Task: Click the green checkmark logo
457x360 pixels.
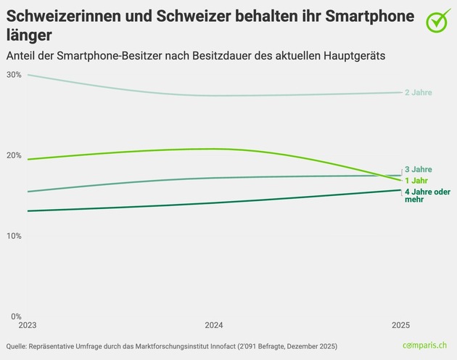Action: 437,22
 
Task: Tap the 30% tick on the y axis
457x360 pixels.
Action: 13,75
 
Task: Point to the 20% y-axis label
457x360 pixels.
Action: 13,155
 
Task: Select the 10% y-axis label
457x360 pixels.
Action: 13,236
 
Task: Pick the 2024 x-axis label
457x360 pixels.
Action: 214,326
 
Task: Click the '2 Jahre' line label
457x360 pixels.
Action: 418,93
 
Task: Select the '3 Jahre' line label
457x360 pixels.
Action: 418,169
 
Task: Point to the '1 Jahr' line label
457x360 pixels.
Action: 416,180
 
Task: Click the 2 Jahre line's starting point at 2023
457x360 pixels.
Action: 27,75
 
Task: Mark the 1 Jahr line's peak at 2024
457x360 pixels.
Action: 214,149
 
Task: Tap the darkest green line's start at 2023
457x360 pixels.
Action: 27,211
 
